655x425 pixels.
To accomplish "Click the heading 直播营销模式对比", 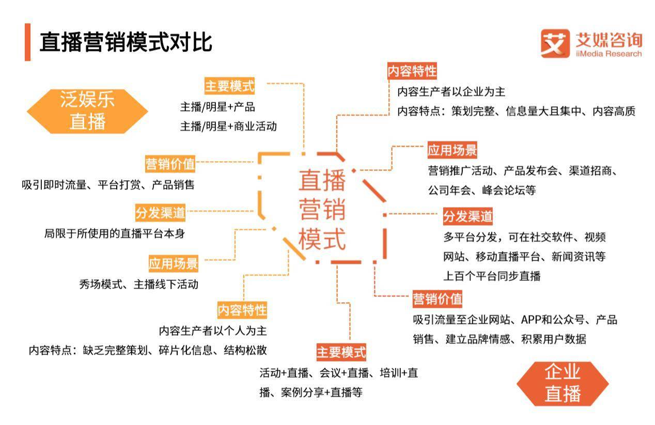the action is (126, 42).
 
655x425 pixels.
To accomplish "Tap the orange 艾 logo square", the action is (555, 43).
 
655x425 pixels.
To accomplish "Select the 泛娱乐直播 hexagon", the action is (87, 111).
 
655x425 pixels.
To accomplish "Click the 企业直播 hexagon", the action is (563, 384).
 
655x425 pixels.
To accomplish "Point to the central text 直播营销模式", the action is (322, 210).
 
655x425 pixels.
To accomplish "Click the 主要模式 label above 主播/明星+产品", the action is (229, 86).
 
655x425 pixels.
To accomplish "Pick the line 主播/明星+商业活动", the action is (228, 127).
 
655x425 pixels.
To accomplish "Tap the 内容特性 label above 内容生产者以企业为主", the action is (412, 71).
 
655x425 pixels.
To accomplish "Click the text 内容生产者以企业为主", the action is (451, 92).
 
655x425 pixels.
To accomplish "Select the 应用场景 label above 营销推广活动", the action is (453, 150).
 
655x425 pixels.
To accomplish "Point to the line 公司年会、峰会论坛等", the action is (482, 190).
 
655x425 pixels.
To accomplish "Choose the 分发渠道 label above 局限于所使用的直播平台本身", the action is (160, 213).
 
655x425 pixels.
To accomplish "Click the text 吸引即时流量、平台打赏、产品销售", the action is (108, 185).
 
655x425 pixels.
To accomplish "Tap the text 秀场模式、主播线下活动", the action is (138, 284).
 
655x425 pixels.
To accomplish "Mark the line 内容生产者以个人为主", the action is (213, 330).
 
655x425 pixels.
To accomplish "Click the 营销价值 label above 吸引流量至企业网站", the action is (438, 298).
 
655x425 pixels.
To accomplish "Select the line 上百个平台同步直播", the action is (492, 276).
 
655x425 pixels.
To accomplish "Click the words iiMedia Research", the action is (609, 54).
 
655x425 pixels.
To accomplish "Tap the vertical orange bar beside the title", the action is (27, 42).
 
